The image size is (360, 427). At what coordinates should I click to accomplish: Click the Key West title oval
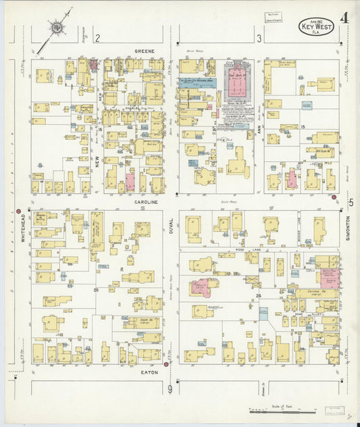[x=315, y=26]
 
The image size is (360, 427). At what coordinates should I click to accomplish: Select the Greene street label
[x=145, y=51]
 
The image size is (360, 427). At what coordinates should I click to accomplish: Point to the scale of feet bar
[x=280, y=409]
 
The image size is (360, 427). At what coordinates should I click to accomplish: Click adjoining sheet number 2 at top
[x=97, y=39]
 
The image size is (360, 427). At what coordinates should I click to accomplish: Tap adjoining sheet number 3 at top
[x=259, y=39]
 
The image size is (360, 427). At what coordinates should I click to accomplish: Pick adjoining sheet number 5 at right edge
[x=351, y=202]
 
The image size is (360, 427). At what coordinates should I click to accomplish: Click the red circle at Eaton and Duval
[x=166, y=364]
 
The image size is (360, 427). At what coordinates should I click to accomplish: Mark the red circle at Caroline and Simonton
[x=334, y=197]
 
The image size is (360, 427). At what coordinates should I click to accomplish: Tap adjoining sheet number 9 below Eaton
[x=170, y=388]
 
